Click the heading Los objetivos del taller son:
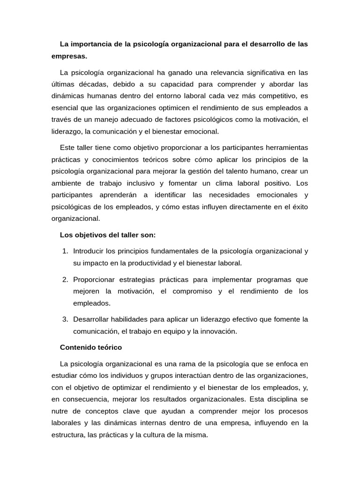click(108, 234)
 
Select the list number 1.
click(65, 251)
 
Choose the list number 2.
click(65, 279)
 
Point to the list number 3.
click(65, 319)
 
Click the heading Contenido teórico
click(91, 347)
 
